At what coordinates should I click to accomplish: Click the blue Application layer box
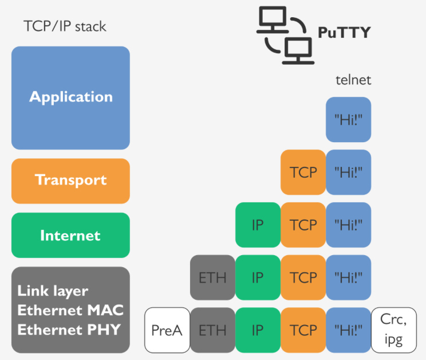tap(70, 97)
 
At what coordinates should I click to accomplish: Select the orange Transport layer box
tap(70, 181)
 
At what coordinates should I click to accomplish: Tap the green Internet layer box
tap(70, 235)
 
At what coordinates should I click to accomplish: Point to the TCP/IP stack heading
tap(65, 26)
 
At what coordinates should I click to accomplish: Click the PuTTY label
tap(344, 32)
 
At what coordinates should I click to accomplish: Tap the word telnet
tap(353, 80)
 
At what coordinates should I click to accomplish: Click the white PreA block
tap(167, 330)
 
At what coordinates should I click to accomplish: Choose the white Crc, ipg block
tap(395, 330)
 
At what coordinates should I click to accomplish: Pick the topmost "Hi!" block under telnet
tap(349, 119)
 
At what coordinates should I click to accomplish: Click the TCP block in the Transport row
tap(303, 172)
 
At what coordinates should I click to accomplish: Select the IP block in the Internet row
tap(258, 225)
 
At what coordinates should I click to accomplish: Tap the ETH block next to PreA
tap(212, 330)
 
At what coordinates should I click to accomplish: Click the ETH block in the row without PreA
tap(212, 277)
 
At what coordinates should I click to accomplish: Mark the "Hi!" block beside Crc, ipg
tap(349, 330)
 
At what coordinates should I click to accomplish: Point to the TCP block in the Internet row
tap(303, 225)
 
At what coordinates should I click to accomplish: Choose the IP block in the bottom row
tap(258, 330)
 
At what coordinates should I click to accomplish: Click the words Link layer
tap(53, 291)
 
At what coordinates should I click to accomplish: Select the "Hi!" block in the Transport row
tap(349, 172)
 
